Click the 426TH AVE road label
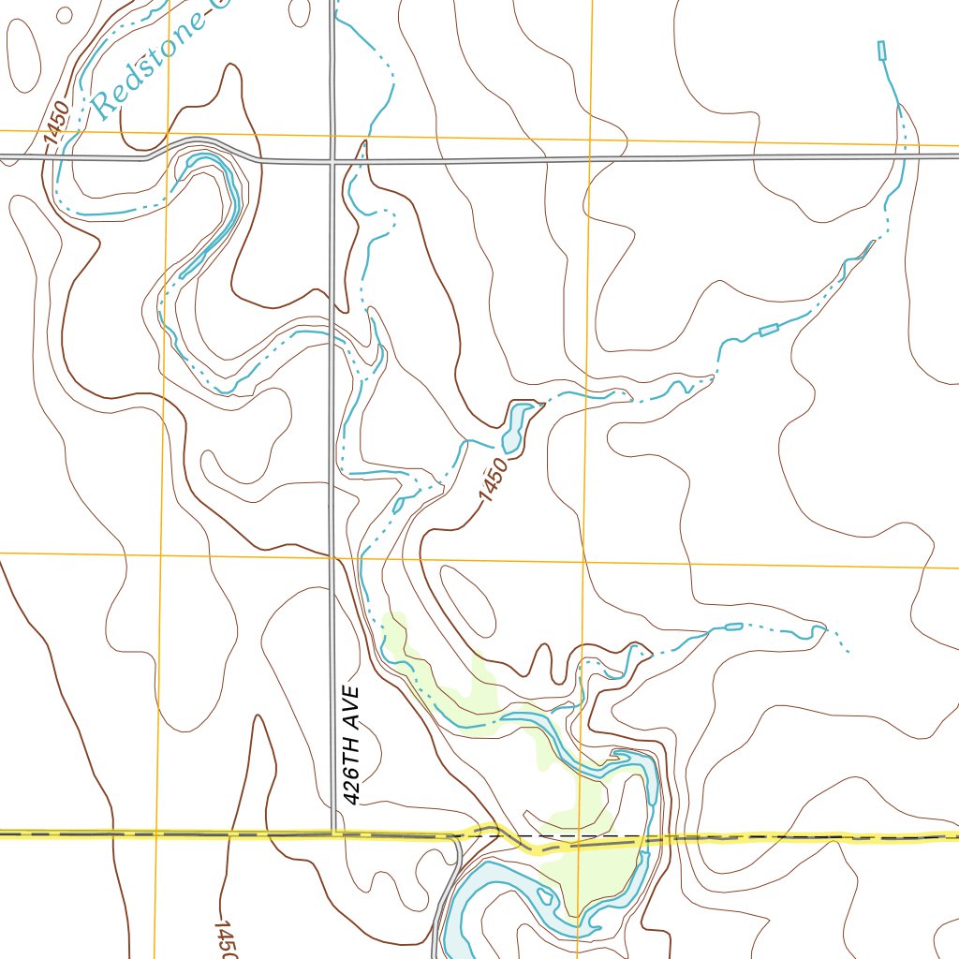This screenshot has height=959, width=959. point(351,745)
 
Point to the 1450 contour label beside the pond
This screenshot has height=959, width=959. point(494,479)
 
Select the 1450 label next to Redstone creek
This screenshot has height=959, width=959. point(57,123)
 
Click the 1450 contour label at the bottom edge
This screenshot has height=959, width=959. point(223,937)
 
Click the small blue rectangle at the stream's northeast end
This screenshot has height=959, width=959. point(881,51)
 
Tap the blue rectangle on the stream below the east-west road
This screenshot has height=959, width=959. point(769,329)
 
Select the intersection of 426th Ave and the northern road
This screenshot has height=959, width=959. point(332,161)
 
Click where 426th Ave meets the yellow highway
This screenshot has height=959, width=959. point(333,832)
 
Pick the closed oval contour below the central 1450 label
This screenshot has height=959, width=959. point(468,599)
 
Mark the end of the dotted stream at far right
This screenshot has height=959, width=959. point(848,652)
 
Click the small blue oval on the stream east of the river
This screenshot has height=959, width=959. point(734,626)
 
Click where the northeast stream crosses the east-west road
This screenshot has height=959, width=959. point(904,155)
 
